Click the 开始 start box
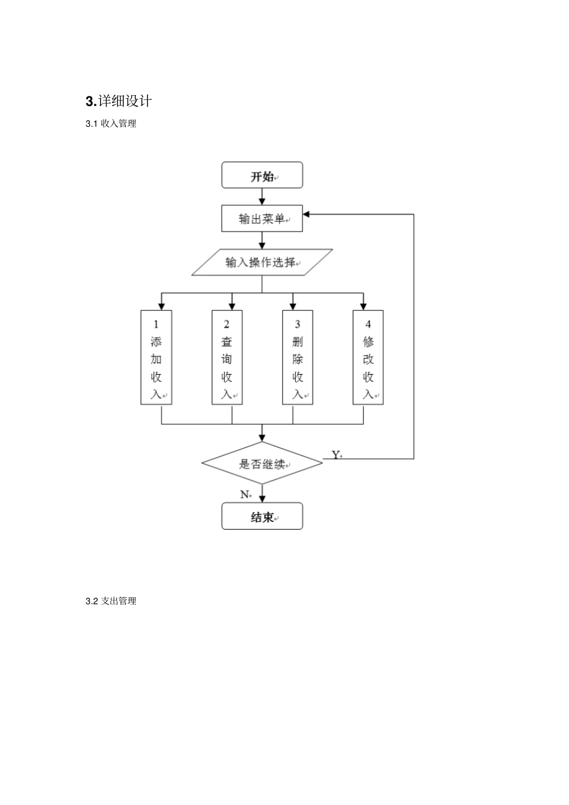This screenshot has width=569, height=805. [262, 175]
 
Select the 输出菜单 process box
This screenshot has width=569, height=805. [262, 218]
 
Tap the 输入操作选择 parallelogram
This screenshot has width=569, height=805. [262, 262]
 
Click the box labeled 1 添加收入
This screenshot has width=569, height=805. [156, 357]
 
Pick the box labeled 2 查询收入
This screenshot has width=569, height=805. [227, 357]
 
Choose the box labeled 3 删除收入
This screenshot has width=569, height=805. [298, 357]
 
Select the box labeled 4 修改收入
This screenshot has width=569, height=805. [368, 357]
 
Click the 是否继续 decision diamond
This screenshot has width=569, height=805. [262, 463]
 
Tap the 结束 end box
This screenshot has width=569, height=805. [262, 517]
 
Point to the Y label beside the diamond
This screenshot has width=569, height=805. [335, 455]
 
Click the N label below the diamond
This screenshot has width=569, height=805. [244, 494]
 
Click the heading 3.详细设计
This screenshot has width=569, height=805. [119, 101]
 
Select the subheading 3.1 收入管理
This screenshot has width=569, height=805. [111, 124]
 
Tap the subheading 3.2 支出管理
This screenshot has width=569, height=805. [111, 601]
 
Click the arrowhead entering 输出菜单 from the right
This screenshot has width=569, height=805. [307, 214]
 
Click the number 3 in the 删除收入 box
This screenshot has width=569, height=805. [298, 324]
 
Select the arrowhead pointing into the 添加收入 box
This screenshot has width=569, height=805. [162, 306]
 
